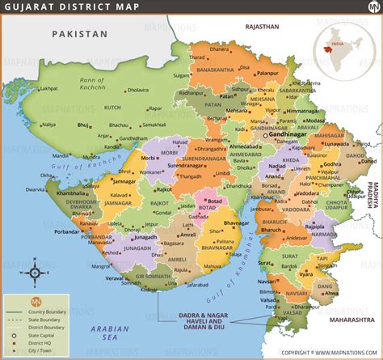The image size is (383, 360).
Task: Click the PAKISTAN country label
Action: pyautogui.click(x=78, y=34)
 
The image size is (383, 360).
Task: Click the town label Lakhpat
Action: pyautogui.click(x=47, y=88)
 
